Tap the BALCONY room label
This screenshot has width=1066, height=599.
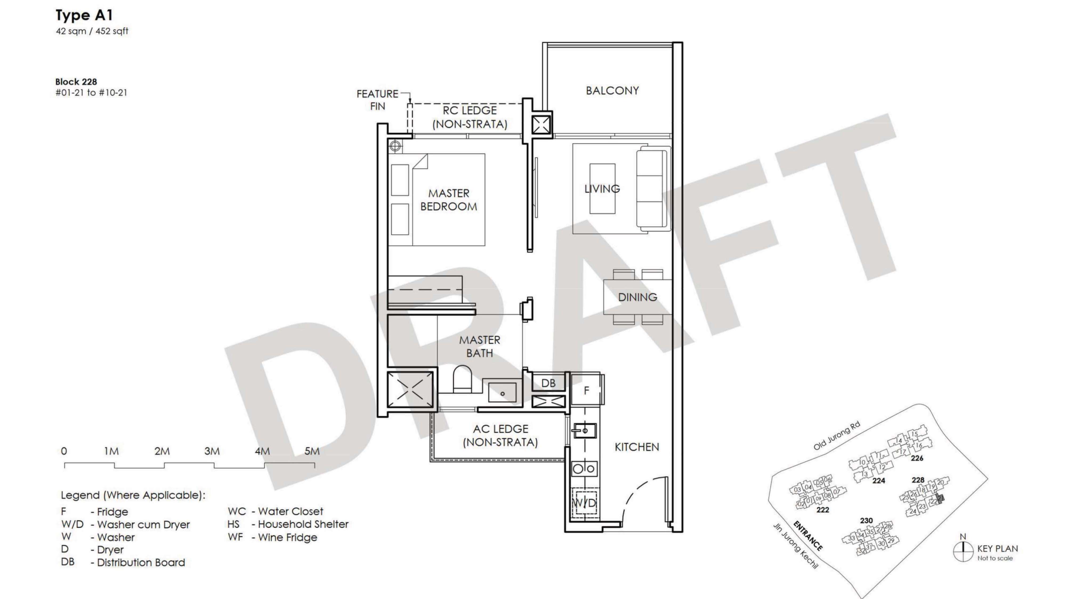click(x=612, y=91)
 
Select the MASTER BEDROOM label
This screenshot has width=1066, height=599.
click(x=449, y=200)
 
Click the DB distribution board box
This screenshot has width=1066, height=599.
click(x=548, y=383)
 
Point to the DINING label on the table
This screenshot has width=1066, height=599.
click(x=637, y=297)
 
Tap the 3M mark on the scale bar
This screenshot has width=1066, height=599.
click(x=212, y=451)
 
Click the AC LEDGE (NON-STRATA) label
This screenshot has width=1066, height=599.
click(x=500, y=435)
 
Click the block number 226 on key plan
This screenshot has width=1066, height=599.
click(x=917, y=458)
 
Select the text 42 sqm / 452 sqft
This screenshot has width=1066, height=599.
click(x=92, y=31)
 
